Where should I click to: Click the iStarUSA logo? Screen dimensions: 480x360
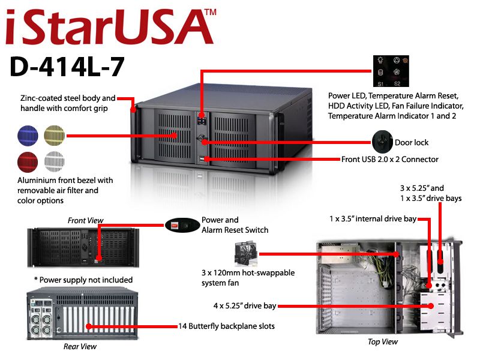point(109,27)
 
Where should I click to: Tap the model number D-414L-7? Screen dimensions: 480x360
point(67,67)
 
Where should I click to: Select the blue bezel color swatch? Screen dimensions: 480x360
point(28,136)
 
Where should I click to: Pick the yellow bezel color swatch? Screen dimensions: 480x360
point(55,136)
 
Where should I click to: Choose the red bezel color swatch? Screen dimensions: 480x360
point(28,162)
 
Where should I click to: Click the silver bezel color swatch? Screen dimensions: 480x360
point(55,162)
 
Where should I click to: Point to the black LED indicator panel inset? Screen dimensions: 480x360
point(391,71)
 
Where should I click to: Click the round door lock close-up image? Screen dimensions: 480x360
point(382,142)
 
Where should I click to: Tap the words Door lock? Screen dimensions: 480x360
point(412,143)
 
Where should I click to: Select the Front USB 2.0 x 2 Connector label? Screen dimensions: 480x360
point(389,159)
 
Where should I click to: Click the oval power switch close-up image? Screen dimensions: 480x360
point(182,226)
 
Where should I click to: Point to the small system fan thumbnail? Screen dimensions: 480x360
point(245,254)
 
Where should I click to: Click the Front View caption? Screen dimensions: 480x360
point(85,220)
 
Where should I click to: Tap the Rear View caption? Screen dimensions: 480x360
point(80,347)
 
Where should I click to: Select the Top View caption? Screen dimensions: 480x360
point(383,341)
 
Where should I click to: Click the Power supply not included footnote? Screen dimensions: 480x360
point(83,280)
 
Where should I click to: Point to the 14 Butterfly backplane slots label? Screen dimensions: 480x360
point(227,326)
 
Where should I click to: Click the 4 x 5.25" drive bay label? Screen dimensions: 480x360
point(245,306)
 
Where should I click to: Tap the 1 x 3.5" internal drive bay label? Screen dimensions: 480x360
point(373,219)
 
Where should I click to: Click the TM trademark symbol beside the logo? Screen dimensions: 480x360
point(211,12)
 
